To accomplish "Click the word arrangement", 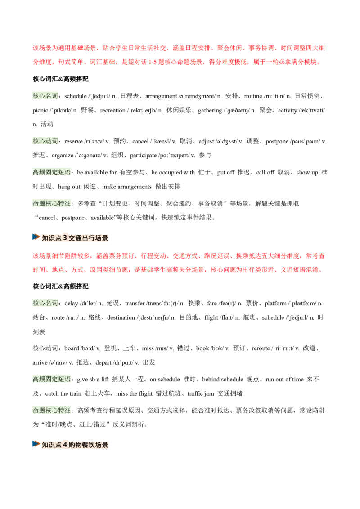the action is (x=161, y=96).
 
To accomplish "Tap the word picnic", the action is (x=40, y=110).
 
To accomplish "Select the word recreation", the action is (x=113, y=110).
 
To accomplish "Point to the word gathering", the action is (x=210, y=110).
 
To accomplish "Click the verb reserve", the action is (x=73, y=142).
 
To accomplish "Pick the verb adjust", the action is (x=206, y=142).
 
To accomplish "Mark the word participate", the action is (x=144, y=156).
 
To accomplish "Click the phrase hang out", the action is (x=69, y=187).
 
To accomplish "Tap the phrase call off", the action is (x=265, y=172).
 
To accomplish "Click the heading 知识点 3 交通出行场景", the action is (x=75, y=238).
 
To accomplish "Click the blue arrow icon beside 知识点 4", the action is (x=36, y=444).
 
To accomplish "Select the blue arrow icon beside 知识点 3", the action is (x=36, y=237).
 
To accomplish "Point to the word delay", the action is (x=71, y=303).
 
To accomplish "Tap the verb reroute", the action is (x=261, y=348).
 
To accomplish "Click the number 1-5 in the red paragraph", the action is (x=153, y=62).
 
